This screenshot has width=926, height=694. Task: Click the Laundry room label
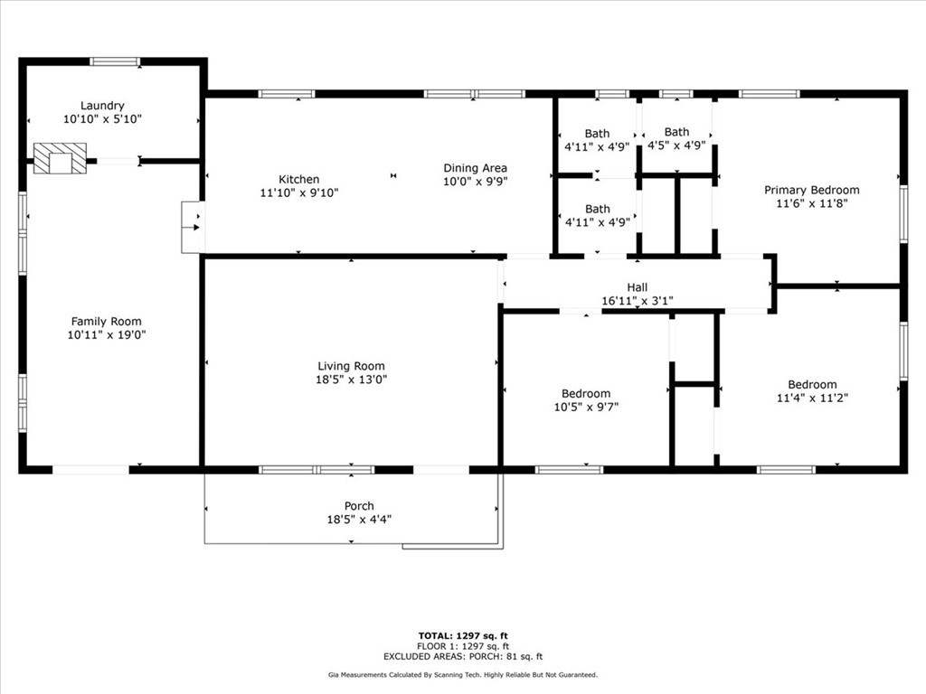(102, 106)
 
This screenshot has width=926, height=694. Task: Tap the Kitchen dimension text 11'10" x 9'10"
(298, 192)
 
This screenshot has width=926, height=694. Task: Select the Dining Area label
(475, 168)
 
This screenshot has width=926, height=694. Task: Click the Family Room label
(107, 322)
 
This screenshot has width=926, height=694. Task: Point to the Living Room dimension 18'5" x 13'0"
(351, 380)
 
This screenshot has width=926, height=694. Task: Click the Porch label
(359, 506)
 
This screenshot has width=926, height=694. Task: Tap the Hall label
(638, 288)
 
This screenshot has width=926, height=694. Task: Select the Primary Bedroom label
(811, 190)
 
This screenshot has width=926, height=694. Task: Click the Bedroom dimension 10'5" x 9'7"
(585, 407)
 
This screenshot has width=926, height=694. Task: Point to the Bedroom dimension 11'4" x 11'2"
(811, 398)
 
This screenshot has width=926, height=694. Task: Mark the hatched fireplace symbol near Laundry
(60, 158)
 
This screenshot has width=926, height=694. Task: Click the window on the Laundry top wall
(115, 61)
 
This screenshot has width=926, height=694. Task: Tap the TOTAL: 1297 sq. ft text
(463, 635)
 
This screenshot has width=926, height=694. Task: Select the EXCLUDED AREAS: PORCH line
(463, 657)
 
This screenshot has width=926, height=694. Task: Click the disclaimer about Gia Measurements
(463, 675)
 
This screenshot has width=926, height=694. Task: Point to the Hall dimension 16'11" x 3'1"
(638, 301)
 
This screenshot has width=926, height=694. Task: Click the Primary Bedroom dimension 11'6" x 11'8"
(811, 203)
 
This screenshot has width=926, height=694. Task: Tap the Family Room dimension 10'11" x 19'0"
(107, 334)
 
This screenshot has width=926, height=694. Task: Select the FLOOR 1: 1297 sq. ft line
(463, 646)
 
